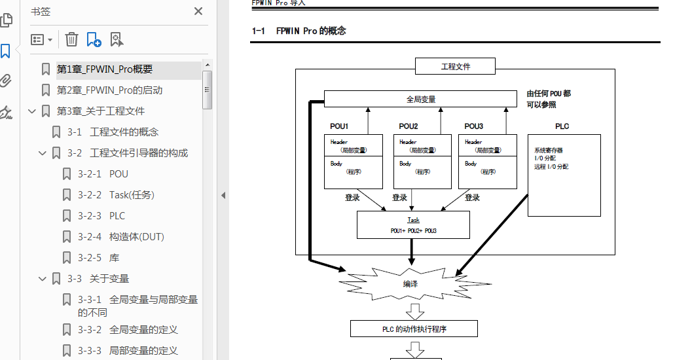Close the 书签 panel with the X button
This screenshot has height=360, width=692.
click(198, 11)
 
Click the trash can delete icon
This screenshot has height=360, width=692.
click(71, 40)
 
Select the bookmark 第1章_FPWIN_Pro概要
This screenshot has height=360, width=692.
click(105, 69)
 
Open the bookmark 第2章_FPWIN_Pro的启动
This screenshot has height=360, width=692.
click(109, 90)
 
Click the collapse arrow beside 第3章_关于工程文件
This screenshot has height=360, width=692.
click(31, 111)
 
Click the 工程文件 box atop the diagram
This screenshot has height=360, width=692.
click(456, 66)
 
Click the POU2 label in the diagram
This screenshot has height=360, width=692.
click(409, 126)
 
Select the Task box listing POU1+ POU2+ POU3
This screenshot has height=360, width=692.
click(413, 225)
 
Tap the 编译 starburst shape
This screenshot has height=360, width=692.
click(410, 284)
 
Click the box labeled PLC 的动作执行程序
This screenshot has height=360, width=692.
click(414, 329)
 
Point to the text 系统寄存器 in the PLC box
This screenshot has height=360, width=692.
click(549, 151)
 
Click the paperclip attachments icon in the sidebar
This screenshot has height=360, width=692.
click(6, 81)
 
